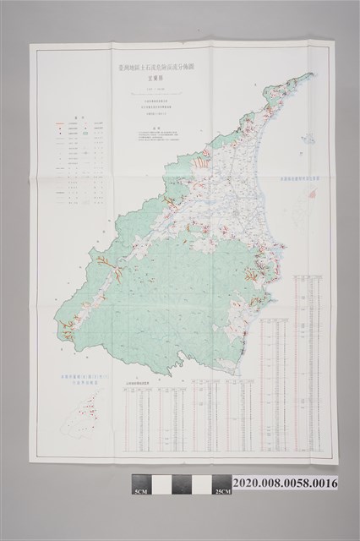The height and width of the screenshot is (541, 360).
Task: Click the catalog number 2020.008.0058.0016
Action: pos(290,483)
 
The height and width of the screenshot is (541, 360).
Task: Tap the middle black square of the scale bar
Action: pos(181,484)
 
